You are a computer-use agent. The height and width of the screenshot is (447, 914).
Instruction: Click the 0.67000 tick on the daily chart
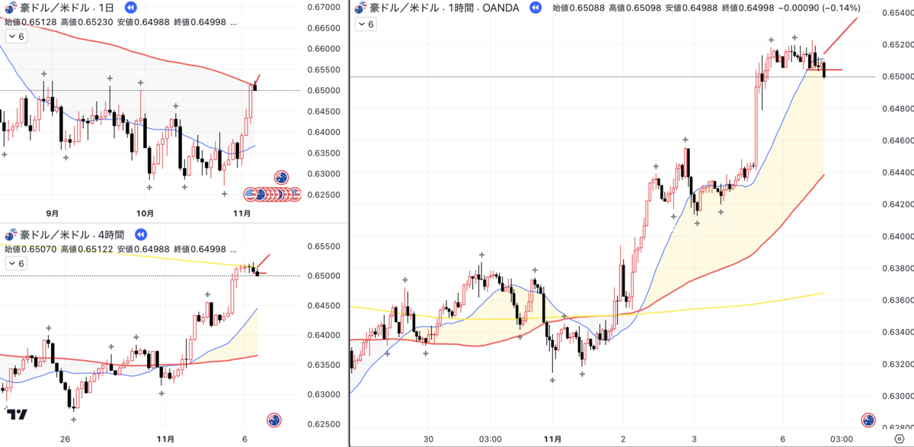coord(324,7)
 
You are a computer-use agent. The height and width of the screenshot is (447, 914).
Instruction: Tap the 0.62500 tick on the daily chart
coord(324,195)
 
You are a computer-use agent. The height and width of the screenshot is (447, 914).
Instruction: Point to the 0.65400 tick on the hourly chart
coord(898,13)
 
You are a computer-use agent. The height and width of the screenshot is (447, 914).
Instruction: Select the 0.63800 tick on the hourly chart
coord(898,269)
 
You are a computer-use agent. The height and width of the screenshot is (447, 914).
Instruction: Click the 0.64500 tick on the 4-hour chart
coord(324,306)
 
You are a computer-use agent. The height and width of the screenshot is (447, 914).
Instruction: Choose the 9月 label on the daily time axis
coord(53,214)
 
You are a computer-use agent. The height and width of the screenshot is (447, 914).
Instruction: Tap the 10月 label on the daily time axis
coord(145,214)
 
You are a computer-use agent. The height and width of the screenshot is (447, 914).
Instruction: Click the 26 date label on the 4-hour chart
coord(65,439)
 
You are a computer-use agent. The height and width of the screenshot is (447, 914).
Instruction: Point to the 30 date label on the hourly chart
coord(428,439)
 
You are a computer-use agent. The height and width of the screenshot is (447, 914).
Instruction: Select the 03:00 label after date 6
coord(842,439)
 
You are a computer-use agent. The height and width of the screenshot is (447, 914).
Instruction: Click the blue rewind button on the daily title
coord(130,8)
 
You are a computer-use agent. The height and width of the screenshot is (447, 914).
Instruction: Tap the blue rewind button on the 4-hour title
coord(141,234)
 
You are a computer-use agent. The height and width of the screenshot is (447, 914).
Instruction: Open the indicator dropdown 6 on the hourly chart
coord(366,24)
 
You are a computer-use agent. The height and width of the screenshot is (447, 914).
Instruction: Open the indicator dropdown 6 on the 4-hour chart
coord(16,263)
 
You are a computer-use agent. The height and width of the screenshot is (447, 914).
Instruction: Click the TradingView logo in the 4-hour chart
coord(17,414)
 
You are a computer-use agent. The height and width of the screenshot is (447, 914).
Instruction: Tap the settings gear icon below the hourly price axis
coord(900,439)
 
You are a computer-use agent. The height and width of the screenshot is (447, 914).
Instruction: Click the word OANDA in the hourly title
coord(500,8)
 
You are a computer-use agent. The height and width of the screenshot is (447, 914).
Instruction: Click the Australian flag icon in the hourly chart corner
coord(868,420)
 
